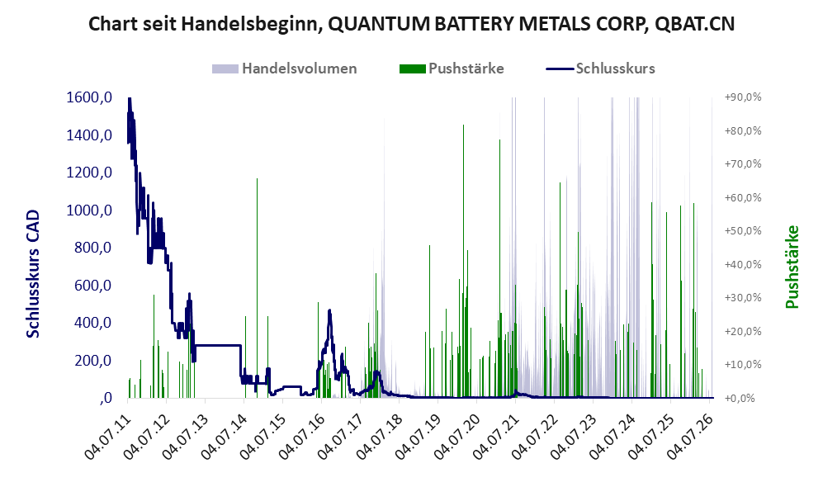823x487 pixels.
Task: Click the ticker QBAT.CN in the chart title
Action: click(694, 24)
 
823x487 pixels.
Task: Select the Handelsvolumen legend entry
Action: click(285, 69)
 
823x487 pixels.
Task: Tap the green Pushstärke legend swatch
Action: click(412, 69)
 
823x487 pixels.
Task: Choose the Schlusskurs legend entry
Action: click(600, 69)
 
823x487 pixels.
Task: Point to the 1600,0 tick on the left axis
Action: click(89, 97)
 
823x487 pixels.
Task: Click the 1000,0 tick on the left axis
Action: click(89, 210)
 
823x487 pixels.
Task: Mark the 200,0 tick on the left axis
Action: click(92, 361)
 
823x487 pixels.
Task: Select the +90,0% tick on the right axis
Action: click(743, 97)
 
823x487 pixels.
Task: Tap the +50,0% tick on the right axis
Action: click(743, 231)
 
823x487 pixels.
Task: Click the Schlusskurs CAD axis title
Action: click(33, 274)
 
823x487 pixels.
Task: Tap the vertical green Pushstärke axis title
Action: click(792, 267)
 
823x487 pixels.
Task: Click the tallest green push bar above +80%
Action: click(463, 261)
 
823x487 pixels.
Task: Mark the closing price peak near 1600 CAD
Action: click(129, 99)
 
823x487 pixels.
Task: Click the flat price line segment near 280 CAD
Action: click(217, 345)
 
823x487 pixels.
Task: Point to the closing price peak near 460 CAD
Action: click(329, 311)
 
